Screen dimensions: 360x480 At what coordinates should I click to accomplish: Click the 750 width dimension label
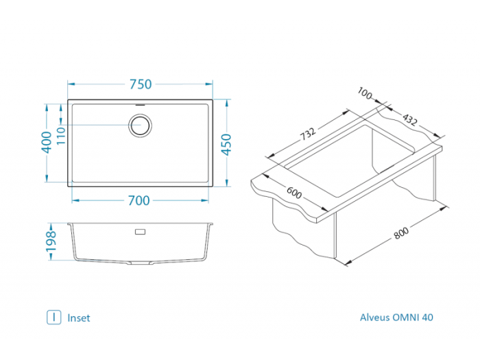140,84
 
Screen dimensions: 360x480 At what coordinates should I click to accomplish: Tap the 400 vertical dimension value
47,142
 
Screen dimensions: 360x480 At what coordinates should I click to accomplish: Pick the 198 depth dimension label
50,242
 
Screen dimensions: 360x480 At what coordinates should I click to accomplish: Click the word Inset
79,317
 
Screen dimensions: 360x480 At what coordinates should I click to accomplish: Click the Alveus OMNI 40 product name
396,317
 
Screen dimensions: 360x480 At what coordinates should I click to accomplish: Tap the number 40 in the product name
427,317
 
